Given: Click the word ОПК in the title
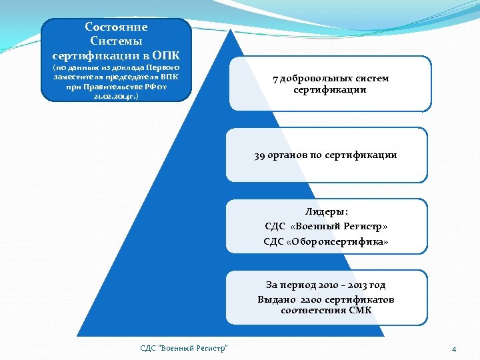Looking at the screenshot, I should [167, 55].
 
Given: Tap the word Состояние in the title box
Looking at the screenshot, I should [117, 27].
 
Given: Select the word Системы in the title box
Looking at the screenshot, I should [117, 41].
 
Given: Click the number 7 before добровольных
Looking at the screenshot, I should [275, 79].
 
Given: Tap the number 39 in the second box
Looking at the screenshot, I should [259, 155].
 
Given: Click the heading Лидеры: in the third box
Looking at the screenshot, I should [327, 212].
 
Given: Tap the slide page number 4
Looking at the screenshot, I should [453, 349].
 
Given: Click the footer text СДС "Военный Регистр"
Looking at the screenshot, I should [184, 348].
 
